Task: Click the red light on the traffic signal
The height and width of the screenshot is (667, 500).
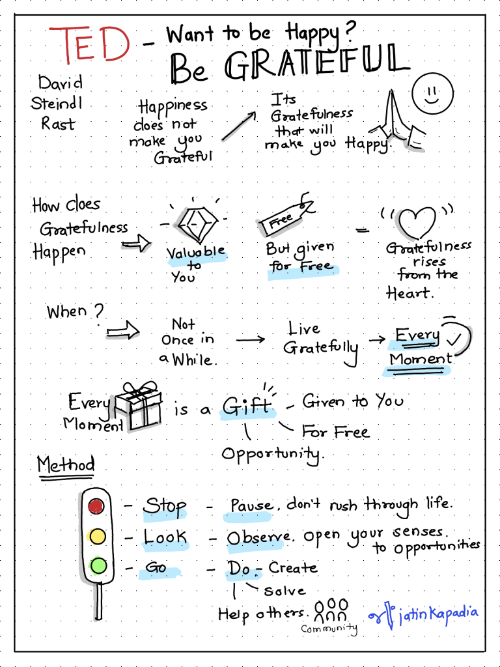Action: tap(97, 505)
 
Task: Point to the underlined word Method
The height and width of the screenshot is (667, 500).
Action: tap(66, 465)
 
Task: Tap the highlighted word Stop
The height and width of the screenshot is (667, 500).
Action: tap(165, 507)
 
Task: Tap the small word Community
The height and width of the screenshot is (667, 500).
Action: tap(329, 629)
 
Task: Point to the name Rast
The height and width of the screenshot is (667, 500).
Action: tap(59, 123)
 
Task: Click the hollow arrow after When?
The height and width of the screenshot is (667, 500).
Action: tap(124, 332)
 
